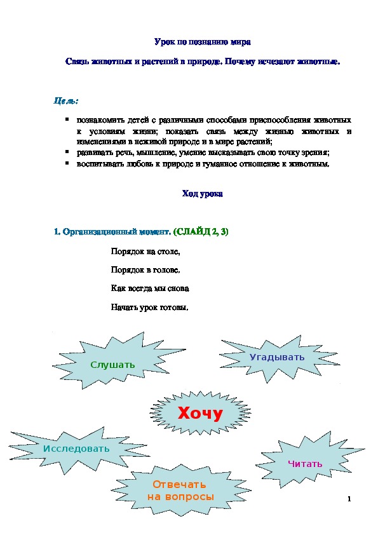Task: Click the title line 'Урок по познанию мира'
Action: [203, 42]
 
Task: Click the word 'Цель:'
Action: [66, 101]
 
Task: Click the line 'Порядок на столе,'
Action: [141, 251]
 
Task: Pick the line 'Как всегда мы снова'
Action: [150, 288]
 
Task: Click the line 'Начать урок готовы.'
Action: [150, 308]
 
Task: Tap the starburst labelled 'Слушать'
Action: [112, 365]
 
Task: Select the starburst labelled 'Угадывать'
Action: [277, 357]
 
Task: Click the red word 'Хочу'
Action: [200, 414]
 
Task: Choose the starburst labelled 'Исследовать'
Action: [76, 449]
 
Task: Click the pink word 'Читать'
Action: [305, 464]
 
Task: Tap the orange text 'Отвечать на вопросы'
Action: [180, 491]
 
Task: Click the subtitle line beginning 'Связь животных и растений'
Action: [203, 62]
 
